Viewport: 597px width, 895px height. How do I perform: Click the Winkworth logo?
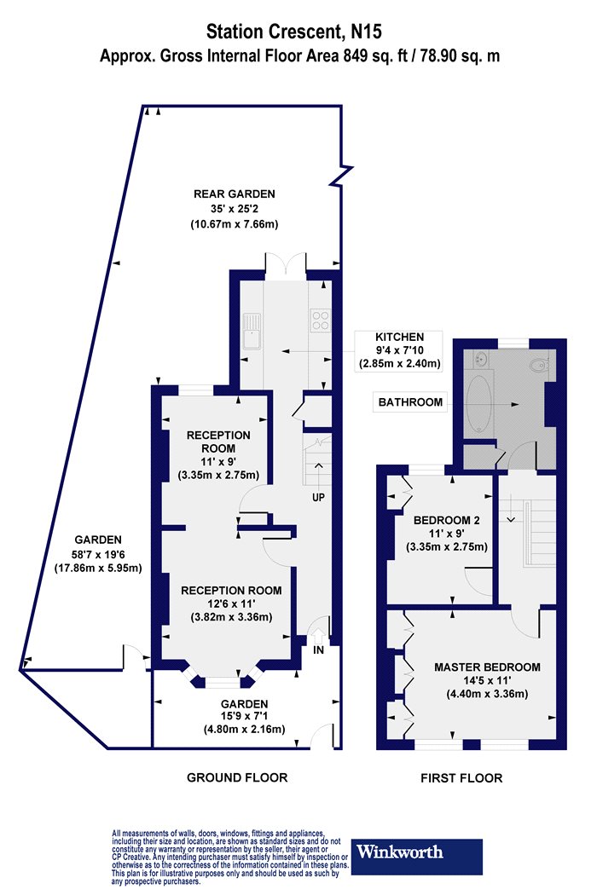coord(416,856)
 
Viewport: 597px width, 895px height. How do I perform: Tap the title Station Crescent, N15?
coord(293,31)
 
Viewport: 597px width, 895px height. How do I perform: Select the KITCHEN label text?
coord(399,337)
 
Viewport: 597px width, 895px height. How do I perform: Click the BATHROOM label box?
coord(410,401)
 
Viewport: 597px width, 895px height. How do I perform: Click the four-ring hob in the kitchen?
coord(319,320)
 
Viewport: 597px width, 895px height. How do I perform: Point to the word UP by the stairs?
coord(318,497)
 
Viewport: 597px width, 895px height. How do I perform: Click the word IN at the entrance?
coord(318,650)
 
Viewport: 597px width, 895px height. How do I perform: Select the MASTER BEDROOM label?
coord(487,667)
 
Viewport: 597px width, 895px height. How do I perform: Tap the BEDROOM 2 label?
coord(446,520)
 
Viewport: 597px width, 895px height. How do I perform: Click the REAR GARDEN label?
coord(235,194)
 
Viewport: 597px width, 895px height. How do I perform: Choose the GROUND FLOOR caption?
coord(237,777)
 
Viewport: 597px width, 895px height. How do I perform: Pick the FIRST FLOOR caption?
coord(461,777)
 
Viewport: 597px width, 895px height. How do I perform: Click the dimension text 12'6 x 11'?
coord(231,603)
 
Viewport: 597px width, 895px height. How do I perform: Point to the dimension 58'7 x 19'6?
coord(98,554)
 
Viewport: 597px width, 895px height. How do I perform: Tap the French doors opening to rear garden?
coord(286,267)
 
